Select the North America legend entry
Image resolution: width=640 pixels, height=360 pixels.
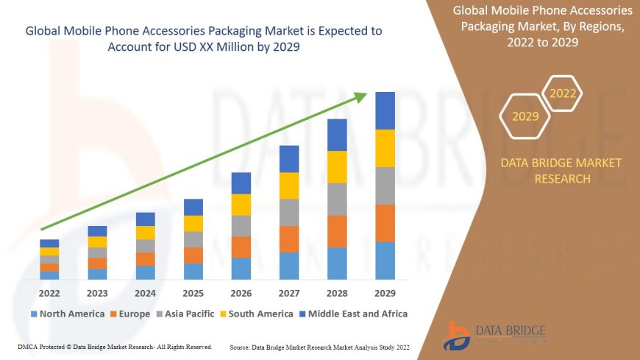pos(67,314)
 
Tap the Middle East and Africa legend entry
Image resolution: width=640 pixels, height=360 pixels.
pos(353,314)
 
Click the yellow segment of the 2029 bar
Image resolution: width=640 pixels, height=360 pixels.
pos(385,148)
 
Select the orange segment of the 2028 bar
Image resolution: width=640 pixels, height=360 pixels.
pos(337,231)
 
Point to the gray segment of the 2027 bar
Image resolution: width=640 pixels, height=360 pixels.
pos(289,212)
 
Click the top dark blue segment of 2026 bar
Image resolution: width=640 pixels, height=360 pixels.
pos(241,183)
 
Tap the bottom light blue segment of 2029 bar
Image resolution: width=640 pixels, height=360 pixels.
pos(385,261)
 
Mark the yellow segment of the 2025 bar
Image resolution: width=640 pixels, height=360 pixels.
pos(193,223)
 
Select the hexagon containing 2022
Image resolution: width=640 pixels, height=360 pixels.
pos(563,93)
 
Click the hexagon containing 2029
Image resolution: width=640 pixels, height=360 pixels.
pos(525,116)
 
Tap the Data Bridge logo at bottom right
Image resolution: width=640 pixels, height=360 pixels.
pos(494,335)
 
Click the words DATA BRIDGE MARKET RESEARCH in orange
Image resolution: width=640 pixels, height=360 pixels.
pos(561,170)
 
